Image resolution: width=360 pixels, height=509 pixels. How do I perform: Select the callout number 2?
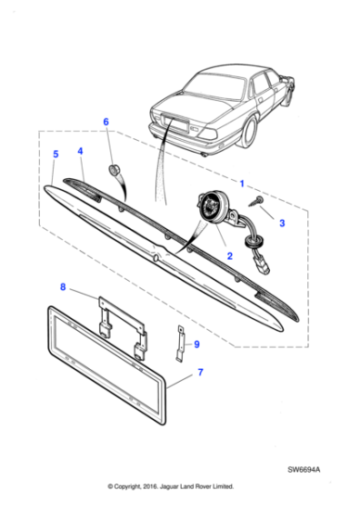(x=229, y=256)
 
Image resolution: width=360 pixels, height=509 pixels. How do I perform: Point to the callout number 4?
(x=80, y=151)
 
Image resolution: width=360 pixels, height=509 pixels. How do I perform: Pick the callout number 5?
(x=55, y=155)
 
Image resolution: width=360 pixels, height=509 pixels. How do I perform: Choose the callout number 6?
(x=105, y=122)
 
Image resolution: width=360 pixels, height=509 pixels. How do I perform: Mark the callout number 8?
(x=63, y=288)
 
